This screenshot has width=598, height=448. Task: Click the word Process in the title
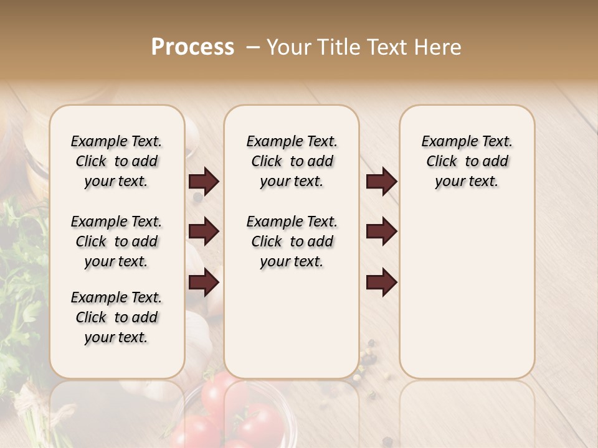[192, 47]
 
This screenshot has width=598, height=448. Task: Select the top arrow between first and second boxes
[204, 182]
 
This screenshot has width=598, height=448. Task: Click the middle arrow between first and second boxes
[204, 231]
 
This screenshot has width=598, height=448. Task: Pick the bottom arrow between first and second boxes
[204, 282]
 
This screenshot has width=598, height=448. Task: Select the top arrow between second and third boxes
[381, 182]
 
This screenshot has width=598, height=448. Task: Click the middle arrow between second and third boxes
[381, 231]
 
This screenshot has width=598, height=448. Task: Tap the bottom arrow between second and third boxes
[381, 282]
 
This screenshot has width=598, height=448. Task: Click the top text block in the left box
[116, 161]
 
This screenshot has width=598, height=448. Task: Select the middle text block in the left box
[116, 241]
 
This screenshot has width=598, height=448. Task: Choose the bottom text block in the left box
[116, 317]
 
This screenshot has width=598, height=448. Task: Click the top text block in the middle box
[292, 161]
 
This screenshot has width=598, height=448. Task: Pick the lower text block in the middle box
[292, 241]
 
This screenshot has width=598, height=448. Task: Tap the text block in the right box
[467, 161]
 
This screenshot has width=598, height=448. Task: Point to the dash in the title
[253, 47]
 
